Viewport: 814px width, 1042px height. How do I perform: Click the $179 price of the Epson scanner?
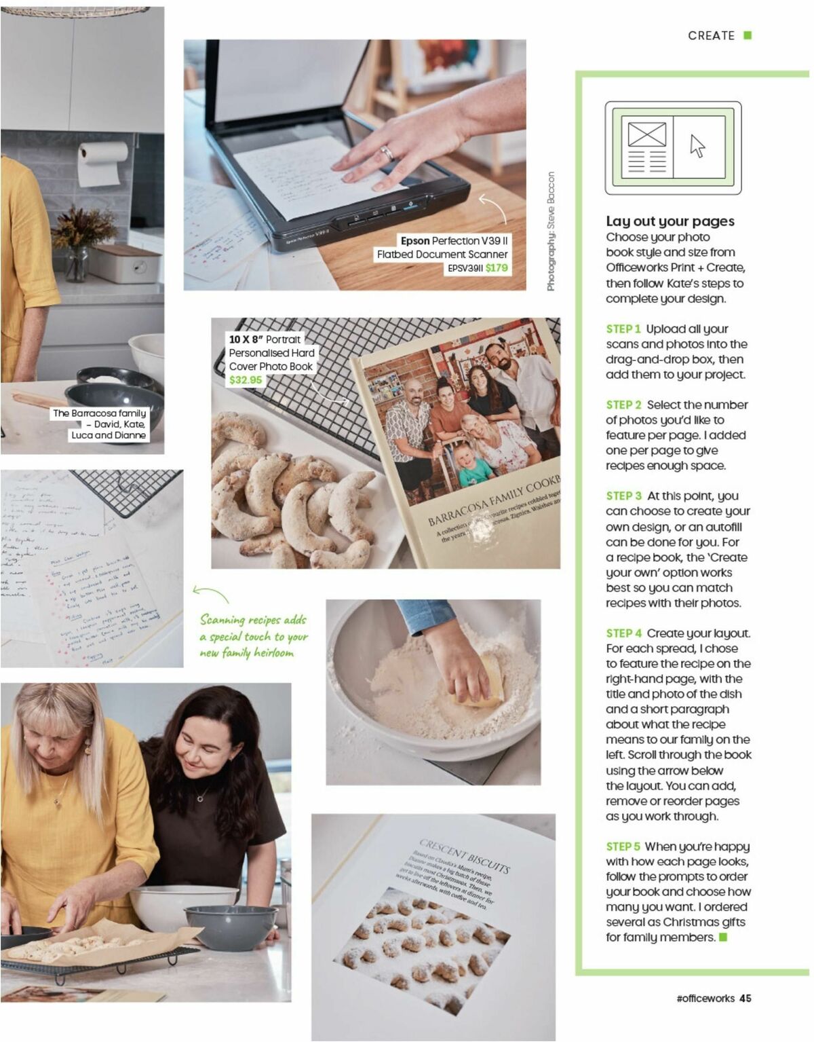click(x=497, y=267)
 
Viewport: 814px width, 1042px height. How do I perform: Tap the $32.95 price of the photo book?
click(x=245, y=380)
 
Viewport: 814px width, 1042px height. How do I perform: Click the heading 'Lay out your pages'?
click(x=670, y=221)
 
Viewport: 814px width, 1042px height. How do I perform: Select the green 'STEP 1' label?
click(x=623, y=329)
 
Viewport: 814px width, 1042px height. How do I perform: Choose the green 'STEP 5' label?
click(x=623, y=846)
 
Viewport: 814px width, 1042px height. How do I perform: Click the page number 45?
click(x=745, y=998)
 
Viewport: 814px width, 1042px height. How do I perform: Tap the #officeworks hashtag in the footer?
click(x=705, y=998)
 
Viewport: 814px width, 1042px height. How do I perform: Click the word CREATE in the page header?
click(x=711, y=35)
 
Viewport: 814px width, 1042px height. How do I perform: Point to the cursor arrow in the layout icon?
click(x=697, y=145)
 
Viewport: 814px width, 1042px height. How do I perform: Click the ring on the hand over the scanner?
click(x=387, y=152)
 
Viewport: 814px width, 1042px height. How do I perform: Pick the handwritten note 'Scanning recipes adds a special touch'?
click(x=252, y=636)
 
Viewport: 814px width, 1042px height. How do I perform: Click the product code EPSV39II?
click(x=465, y=268)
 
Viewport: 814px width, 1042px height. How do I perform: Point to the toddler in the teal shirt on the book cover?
click(x=473, y=464)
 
